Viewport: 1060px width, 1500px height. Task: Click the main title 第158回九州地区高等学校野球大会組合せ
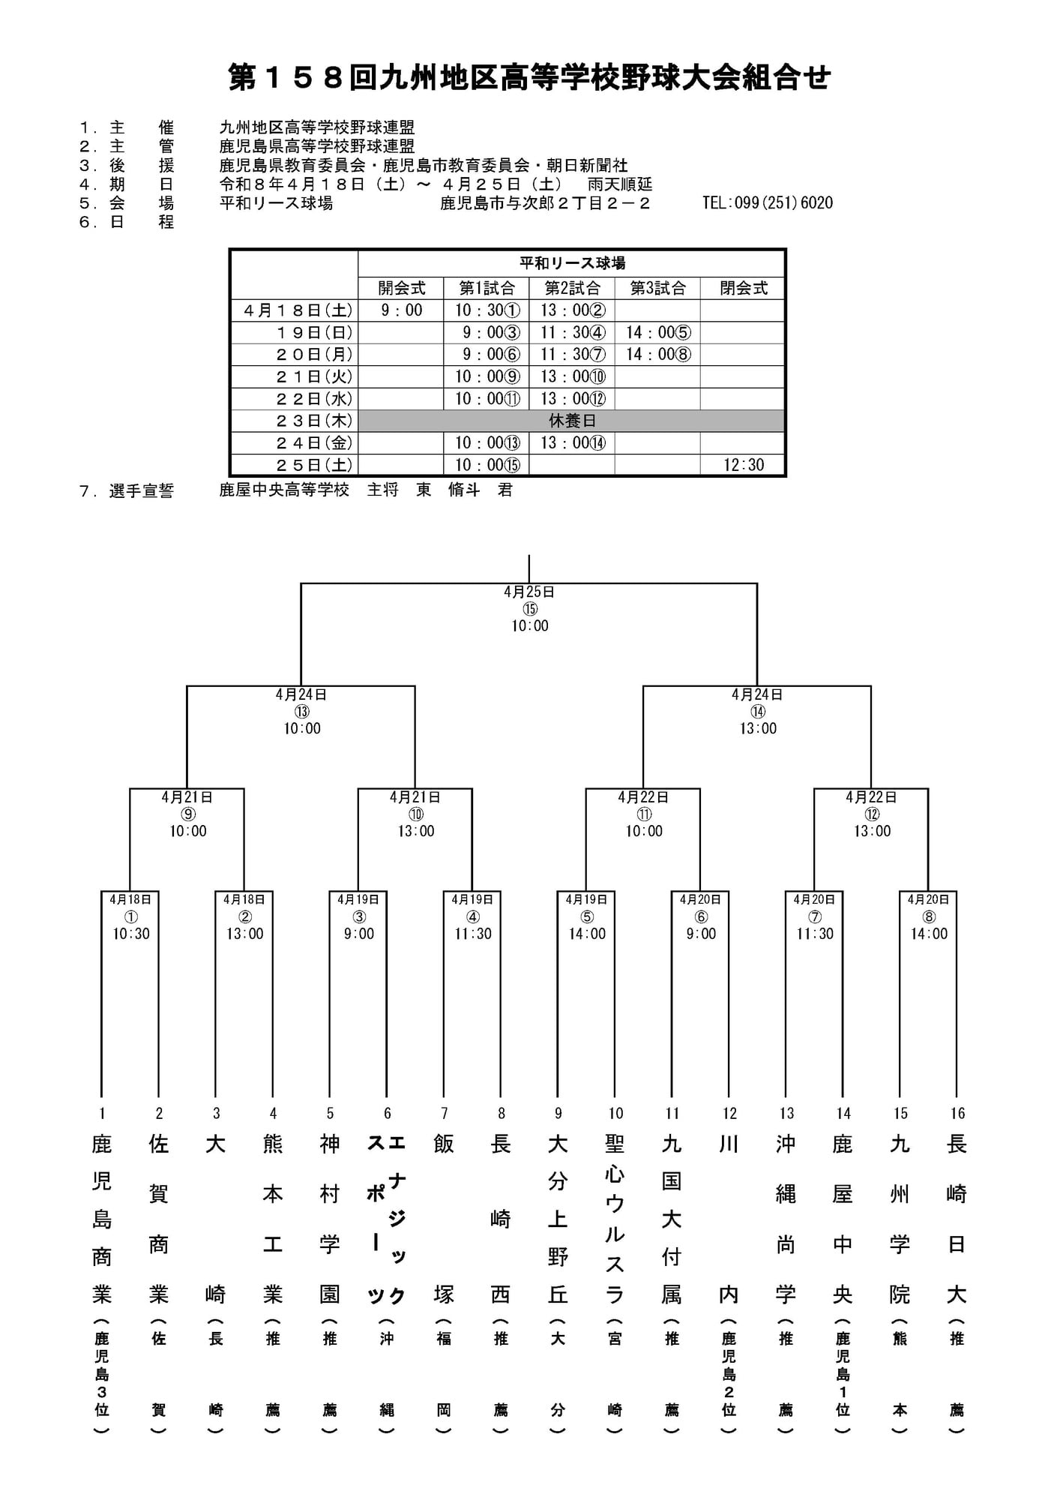pyautogui.click(x=529, y=78)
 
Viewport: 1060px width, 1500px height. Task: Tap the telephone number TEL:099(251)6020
pyautogui.click(x=767, y=202)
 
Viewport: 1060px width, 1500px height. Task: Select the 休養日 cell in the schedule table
pyautogui.click(x=571, y=421)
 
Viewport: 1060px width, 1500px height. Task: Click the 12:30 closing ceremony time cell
pyautogui.click(x=743, y=465)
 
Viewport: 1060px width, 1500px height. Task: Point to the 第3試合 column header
pyautogui.click(x=657, y=288)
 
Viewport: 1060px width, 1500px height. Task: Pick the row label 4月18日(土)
pyautogui.click(x=295, y=310)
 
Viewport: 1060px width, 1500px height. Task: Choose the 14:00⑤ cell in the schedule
pyautogui.click(x=657, y=332)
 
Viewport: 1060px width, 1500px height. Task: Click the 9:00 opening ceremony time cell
pyautogui.click(x=401, y=310)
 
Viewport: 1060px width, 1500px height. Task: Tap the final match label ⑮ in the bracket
pyautogui.click(x=529, y=609)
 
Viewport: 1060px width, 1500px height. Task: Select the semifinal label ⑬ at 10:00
pyautogui.click(x=301, y=712)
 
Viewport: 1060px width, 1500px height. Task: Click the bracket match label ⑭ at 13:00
pyautogui.click(x=757, y=712)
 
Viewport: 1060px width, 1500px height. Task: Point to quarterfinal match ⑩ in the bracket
pyautogui.click(x=415, y=814)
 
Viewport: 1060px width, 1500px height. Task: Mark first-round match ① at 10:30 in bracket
pyautogui.click(x=130, y=916)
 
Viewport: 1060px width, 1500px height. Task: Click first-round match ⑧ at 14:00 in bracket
pyautogui.click(x=928, y=916)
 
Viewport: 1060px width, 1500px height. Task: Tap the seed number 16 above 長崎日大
pyautogui.click(x=957, y=1114)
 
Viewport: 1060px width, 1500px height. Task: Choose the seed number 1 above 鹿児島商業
pyautogui.click(x=102, y=1114)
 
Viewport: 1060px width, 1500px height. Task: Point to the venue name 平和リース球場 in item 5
pyautogui.click(x=276, y=202)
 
